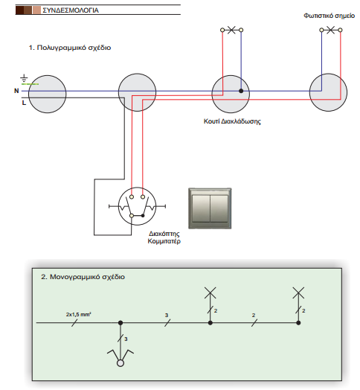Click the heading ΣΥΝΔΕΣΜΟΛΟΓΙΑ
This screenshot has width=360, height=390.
[71, 10]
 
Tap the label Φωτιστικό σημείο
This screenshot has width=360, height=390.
[330, 16]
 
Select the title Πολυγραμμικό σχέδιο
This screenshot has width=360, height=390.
[70, 48]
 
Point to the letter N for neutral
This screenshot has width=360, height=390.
[16, 91]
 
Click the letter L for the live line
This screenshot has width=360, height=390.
[24, 103]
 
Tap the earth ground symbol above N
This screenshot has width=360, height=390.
[24, 78]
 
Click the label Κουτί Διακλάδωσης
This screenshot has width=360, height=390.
[232, 121]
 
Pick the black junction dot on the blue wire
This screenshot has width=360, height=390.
[241, 91]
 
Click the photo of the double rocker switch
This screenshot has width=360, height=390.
[210, 208]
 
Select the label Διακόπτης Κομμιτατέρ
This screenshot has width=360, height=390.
[164, 237]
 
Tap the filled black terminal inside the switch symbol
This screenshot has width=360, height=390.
[143, 216]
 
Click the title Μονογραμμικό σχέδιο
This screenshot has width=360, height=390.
[83, 277]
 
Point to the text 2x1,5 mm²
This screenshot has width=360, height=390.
[79, 314]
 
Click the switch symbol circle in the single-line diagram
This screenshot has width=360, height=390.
[120, 363]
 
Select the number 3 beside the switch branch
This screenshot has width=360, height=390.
[126, 339]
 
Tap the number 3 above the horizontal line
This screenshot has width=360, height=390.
[167, 315]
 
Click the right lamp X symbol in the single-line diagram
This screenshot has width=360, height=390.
[298, 292]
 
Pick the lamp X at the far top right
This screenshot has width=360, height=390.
[331, 30]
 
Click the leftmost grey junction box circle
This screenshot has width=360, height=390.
[48, 94]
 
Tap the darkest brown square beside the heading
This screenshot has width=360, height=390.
[19, 10]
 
